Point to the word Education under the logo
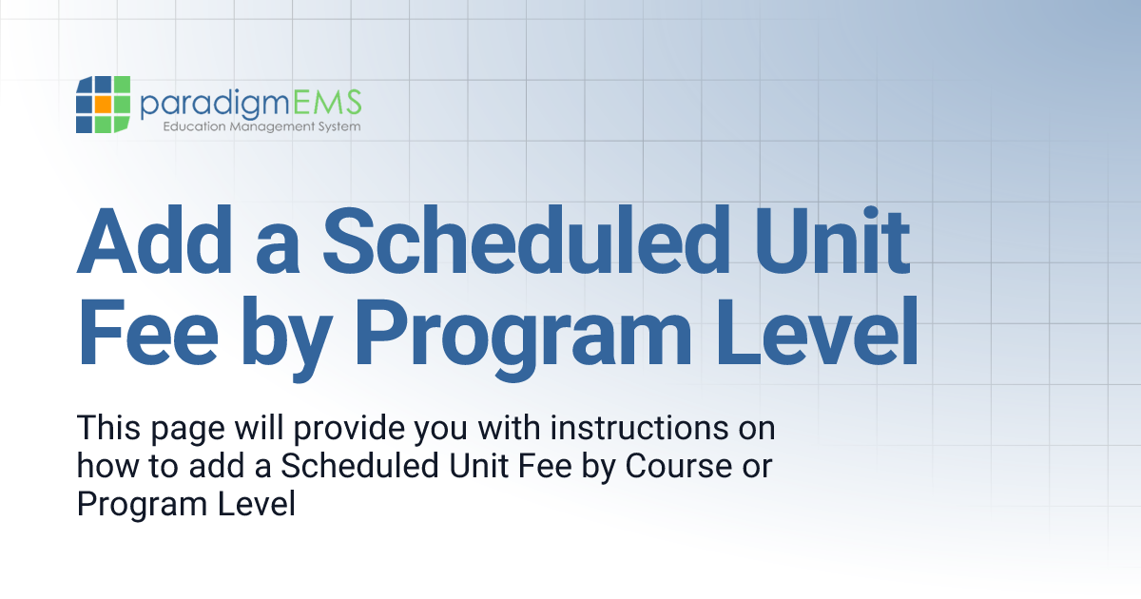[x=194, y=126]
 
